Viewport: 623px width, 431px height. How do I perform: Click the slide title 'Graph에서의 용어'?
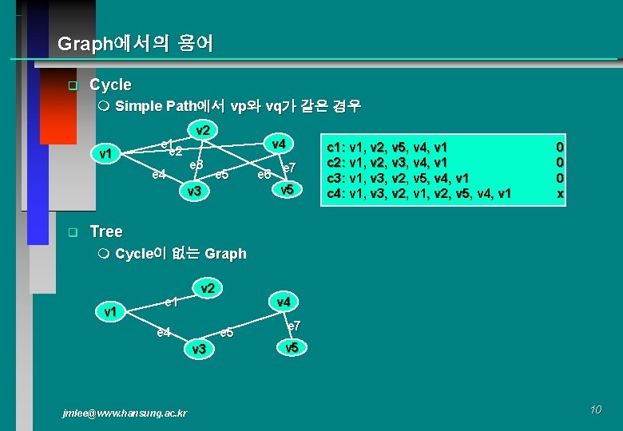(136, 44)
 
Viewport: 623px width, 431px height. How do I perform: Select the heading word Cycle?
(110, 85)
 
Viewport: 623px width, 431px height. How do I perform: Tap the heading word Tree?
(106, 231)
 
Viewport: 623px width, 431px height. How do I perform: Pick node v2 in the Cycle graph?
(203, 130)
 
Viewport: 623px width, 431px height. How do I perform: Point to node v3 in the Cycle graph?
(193, 192)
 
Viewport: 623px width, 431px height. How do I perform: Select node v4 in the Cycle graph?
(278, 144)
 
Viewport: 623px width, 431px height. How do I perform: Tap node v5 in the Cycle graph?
(288, 190)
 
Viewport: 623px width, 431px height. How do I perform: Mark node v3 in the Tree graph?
(199, 349)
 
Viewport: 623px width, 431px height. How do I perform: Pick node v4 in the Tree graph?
(284, 302)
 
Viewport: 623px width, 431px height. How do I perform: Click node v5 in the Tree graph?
(292, 347)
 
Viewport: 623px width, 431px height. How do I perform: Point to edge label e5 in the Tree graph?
(226, 332)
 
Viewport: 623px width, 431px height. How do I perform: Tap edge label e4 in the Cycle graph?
(159, 174)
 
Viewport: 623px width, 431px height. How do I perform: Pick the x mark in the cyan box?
(560, 192)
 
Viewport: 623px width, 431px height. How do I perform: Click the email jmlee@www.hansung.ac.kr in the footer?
(125, 413)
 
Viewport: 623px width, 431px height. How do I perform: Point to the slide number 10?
(595, 409)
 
